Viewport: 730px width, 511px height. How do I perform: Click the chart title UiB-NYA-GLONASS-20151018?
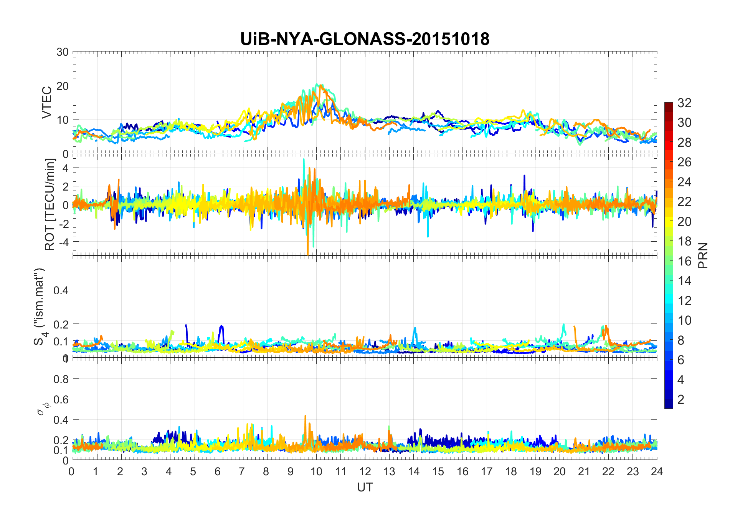tap(365, 39)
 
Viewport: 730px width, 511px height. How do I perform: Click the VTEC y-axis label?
tap(47, 103)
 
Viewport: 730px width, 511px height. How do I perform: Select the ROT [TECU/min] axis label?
tap(50, 204)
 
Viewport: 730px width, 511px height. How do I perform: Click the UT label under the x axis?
tap(365, 487)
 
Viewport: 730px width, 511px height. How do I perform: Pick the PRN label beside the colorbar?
tap(703, 255)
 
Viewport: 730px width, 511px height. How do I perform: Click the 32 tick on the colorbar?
tap(684, 103)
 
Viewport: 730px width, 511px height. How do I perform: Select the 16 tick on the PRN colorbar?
tap(684, 261)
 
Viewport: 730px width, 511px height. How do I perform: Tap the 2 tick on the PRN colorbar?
tap(681, 399)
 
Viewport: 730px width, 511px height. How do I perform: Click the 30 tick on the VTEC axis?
tap(63, 52)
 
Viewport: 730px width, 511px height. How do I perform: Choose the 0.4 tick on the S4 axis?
tap(61, 290)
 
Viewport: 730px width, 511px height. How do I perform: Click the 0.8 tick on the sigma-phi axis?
tap(61, 379)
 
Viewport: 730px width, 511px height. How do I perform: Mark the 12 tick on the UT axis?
tap(365, 471)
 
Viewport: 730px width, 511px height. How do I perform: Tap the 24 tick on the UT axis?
tap(657, 471)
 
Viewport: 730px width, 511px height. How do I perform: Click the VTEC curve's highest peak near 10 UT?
tap(317, 85)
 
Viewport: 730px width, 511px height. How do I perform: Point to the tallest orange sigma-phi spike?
tap(306, 416)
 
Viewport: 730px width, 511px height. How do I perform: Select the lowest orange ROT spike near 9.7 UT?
tap(308, 254)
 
